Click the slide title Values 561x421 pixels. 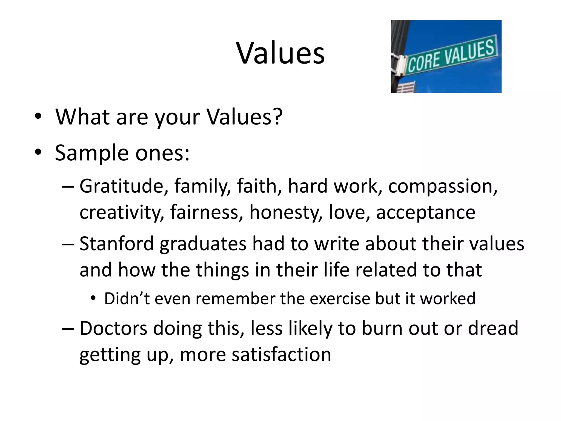280,53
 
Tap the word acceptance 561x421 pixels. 426,213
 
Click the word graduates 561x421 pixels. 203,244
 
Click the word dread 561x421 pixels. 493,328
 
